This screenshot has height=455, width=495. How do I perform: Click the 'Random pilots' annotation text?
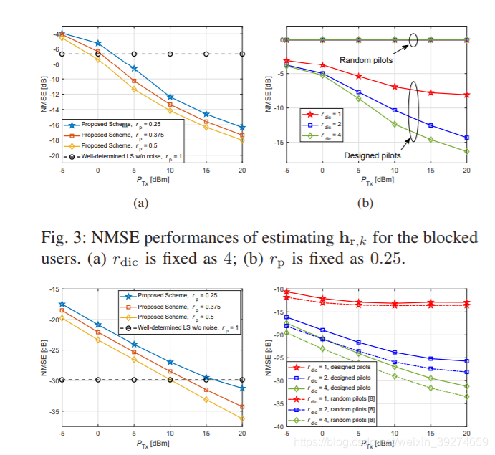365,60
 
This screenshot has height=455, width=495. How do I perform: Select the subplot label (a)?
140,203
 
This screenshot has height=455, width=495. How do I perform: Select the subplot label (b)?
365,203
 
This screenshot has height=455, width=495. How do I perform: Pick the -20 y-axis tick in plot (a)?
52,156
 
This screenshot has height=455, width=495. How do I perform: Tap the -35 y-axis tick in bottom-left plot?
52,412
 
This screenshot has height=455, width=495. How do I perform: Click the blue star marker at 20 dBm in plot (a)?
242,128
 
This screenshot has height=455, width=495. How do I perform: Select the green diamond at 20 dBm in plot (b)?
466,151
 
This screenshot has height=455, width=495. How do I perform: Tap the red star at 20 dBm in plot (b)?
466,95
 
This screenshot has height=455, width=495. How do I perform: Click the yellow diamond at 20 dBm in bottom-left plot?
242,418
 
